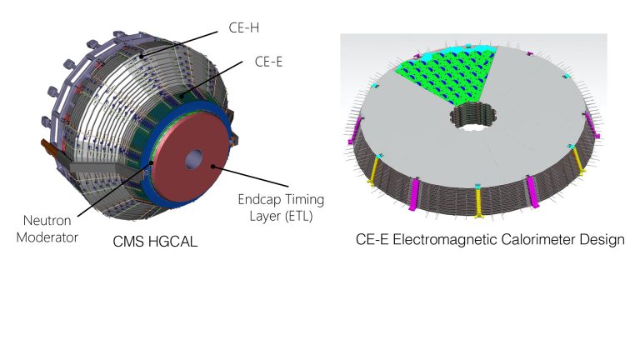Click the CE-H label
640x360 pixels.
243,27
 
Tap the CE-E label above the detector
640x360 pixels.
268,62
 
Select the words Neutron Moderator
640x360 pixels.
47,228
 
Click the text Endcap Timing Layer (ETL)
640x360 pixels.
281,207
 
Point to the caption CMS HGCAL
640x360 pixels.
155,241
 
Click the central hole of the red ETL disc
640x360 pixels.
194,159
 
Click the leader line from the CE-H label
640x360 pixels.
179,44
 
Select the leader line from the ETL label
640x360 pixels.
250,177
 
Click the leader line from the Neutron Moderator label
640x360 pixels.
115,189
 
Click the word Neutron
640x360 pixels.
47,220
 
